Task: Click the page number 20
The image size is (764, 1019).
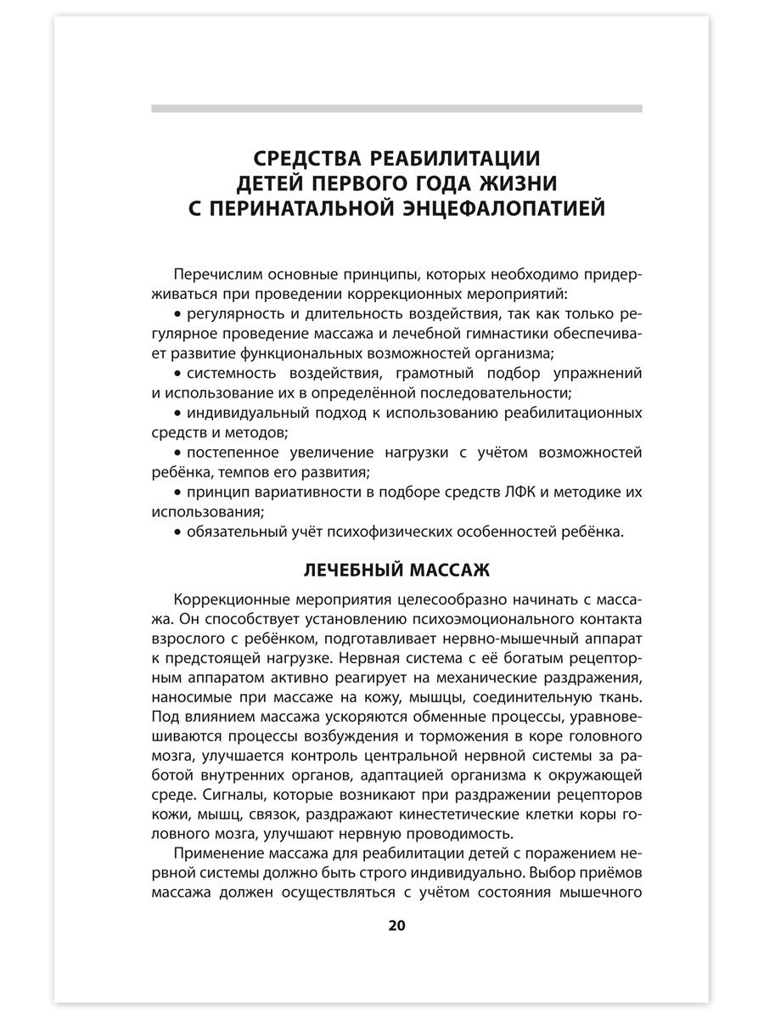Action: point(397,925)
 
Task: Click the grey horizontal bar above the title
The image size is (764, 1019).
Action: point(396,109)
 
